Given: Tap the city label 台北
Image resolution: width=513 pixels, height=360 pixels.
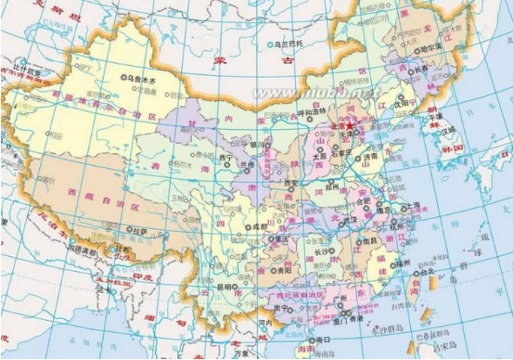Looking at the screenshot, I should tap(427, 272).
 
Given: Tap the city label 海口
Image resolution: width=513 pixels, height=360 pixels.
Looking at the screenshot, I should tap(324, 339).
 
